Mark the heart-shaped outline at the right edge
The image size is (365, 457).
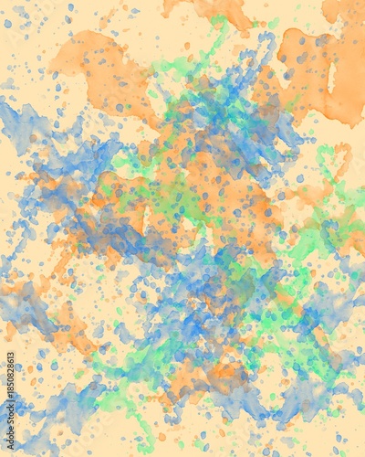coord(332,165)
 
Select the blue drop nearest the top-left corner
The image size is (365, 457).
coord(8,24)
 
